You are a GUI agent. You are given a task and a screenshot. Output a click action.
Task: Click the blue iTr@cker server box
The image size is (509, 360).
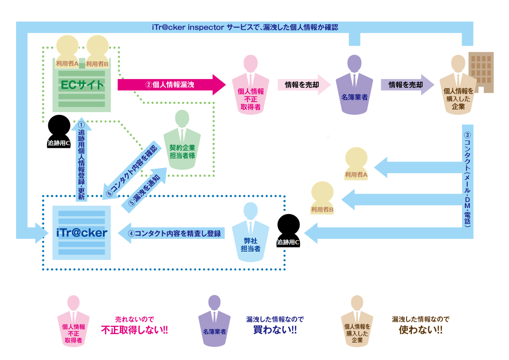coord(81,232)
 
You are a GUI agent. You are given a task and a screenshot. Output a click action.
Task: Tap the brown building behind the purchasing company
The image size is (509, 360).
coord(481,71)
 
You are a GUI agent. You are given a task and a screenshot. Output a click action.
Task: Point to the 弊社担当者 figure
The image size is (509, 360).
coord(251,234)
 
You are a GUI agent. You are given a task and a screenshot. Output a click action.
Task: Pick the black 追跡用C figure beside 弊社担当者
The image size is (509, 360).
coord(288,231)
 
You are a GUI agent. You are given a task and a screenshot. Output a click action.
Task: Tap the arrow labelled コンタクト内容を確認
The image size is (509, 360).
coord(132,170)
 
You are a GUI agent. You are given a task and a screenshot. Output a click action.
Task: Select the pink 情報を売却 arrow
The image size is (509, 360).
coord(303,84)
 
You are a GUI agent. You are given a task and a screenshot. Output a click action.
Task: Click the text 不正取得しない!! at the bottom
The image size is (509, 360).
coord(134,330)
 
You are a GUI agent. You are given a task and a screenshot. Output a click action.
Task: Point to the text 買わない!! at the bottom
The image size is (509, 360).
coord(275,330)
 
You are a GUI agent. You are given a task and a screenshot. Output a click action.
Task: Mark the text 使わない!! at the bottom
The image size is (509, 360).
coord(420,330)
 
